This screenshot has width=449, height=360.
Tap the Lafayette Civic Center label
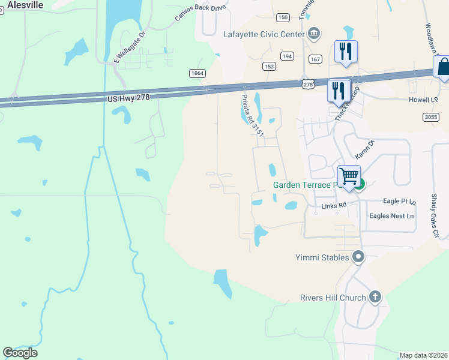point(264,34)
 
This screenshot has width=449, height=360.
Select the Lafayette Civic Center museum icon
point(313,33)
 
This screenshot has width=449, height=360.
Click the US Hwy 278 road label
point(128,97)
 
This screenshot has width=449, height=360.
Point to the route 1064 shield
point(197,73)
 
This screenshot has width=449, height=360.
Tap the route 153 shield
point(269,66)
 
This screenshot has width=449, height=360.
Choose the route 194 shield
point(288,56)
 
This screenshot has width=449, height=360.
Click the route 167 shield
point(316,59)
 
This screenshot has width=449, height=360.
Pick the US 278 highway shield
point(308,85)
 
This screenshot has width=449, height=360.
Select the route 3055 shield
point(430,116)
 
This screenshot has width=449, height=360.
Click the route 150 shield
point(283,17)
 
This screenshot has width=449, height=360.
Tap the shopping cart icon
point(349,176)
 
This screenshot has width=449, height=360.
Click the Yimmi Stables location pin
point(359,257)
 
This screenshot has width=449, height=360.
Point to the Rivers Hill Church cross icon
point(375,296)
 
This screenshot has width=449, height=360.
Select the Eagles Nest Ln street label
point(392,216)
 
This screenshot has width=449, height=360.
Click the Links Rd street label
point(334,206)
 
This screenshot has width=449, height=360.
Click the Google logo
point(20,353)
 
